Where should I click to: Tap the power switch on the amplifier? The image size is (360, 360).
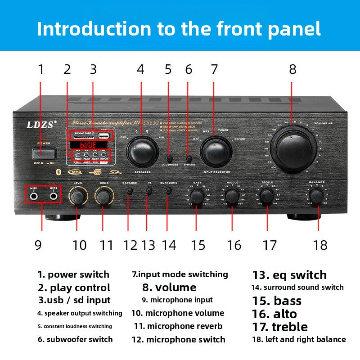40,153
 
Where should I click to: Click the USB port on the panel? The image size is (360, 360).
104,134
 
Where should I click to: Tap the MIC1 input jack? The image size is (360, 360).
34,196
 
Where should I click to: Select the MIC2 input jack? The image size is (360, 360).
54,196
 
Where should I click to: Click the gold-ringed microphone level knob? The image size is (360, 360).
77,196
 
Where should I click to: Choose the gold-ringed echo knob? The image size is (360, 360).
103,196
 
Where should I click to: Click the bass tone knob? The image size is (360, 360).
196,196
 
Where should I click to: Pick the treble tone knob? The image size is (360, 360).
267,195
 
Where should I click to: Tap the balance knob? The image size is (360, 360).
317,195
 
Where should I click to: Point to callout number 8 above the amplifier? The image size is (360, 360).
292,69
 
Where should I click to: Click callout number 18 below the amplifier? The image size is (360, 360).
320,245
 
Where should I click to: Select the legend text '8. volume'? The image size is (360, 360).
169,287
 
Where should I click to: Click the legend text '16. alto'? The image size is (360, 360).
274,314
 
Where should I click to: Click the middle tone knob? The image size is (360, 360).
232,196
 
